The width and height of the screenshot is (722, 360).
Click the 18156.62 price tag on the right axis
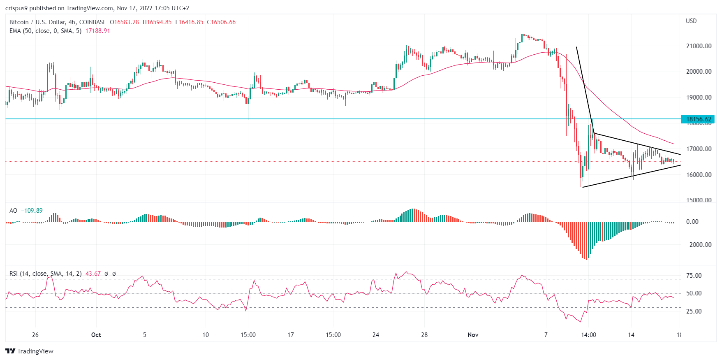(698, 119)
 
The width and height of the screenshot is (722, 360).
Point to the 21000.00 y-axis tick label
(698, 46)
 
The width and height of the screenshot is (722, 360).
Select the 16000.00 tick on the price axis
(698, 174)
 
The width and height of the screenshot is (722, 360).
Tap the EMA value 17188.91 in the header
(98, 31)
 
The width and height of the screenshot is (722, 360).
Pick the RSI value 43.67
(93, 274)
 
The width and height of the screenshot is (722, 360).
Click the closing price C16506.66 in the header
(221, 22)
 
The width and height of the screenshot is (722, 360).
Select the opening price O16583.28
(124, 22)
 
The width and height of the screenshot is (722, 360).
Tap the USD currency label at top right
(691, 21)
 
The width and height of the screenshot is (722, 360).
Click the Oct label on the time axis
(96, 335)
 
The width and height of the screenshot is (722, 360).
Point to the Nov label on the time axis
(473, 335)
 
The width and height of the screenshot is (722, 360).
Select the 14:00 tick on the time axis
(588, 335)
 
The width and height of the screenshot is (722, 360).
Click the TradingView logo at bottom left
(30, 351)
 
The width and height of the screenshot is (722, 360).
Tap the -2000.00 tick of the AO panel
(698, 244)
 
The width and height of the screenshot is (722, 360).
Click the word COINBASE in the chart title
(93, 22)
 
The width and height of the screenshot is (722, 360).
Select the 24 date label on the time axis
(375, 335)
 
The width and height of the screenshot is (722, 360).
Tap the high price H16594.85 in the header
(157, 22)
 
